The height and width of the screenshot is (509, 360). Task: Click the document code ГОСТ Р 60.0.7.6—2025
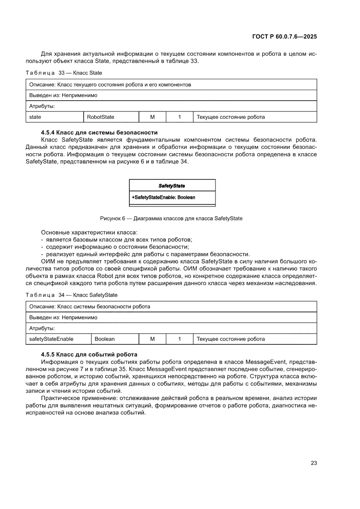[x=284, y=37]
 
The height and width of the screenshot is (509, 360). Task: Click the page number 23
[x=313, y=463]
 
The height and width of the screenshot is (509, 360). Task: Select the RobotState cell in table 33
[x=101, y=117]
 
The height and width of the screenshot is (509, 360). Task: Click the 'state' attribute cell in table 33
[x=35, y=117]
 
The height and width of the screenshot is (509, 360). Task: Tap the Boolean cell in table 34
[x=105, y=339]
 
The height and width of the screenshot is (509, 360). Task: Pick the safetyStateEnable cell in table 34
[x=51, y=339]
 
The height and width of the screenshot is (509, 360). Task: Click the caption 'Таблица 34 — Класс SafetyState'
[x=71, y=295]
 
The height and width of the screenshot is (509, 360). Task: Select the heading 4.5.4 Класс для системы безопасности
[x=99, y=132]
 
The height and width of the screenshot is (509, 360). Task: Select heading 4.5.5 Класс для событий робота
[x=89, y=354]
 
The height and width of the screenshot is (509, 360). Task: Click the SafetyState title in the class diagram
[x=172, y=185]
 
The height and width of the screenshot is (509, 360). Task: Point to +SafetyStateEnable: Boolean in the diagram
[x=163, y=197]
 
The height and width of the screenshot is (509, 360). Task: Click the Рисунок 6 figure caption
[x=171, y=219]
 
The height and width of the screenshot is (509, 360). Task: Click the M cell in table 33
[x=152, y=117]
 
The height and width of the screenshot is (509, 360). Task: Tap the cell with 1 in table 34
[x=179, y=339]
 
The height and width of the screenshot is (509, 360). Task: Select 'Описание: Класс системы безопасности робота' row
[x=89, y=306]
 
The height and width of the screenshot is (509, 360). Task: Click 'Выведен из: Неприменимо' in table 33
[x=63, y=95]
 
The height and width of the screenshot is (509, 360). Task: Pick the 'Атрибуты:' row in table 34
[x=41, y=328]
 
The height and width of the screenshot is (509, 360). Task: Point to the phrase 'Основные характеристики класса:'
[x=89, y=232]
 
